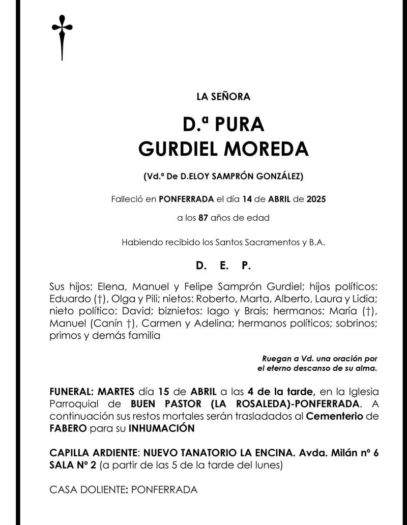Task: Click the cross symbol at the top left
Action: point(62,36)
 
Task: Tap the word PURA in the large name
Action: point(239,124)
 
